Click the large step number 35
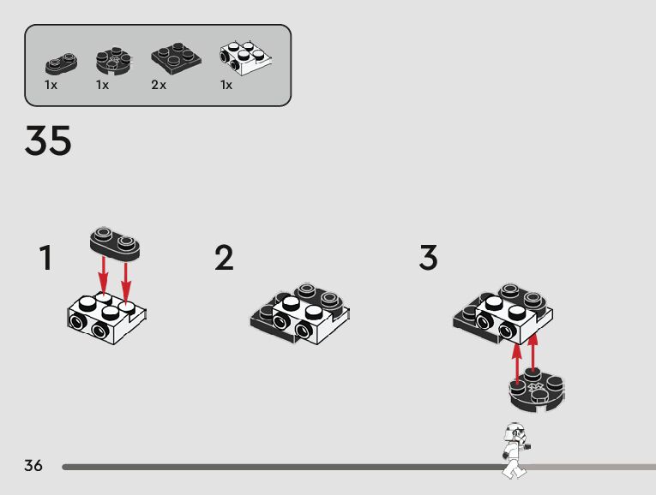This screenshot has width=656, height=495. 48,141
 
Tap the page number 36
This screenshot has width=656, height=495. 33,466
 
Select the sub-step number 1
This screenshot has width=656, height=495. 46,258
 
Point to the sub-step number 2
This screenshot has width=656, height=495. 224,258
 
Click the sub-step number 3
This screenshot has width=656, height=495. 428,258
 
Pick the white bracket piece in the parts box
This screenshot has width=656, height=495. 245,56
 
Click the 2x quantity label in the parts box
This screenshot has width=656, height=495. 158,86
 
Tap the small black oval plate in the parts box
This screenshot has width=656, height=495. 61,63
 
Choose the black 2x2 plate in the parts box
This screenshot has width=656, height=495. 176,57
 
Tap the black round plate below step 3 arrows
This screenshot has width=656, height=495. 535,392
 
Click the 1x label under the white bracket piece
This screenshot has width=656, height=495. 226,86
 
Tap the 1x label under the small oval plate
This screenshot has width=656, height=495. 51,86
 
